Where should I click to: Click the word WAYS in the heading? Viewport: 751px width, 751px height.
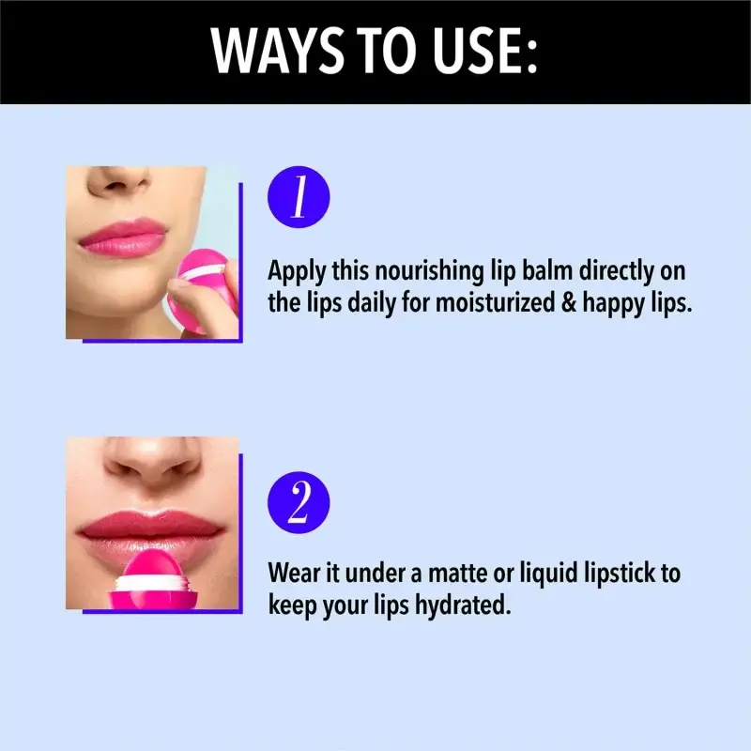pyautogui.click(x=278, y=51)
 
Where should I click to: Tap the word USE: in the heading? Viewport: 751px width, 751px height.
pyautogui.click(x=484, y=51)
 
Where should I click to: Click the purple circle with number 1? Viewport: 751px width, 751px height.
pyautogui.click(x=299, y=197)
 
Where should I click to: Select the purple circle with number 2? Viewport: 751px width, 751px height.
pyautogui.click(x=299, y=502)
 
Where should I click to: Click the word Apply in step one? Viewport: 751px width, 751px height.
pyautogui.click(x=294, y=271)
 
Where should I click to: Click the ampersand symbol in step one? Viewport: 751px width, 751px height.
pyautogui.click(x=569, y=303)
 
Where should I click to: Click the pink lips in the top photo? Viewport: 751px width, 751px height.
pyautogui.click(x=123, y=238)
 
